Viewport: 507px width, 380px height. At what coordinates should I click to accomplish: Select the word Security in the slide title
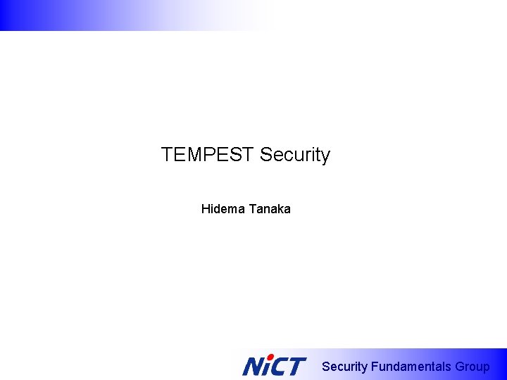(x=295, y=155)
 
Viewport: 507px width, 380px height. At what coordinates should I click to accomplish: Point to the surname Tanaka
(x=269, y=209)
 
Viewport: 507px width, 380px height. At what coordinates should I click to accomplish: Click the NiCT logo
(x=274, y=366)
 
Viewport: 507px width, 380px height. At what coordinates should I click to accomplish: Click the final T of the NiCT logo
(x=296, y=367)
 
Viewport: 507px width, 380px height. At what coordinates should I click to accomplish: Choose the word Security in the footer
(x=344, y=367)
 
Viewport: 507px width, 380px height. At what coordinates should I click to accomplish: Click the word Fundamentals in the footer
(x=411, y=367)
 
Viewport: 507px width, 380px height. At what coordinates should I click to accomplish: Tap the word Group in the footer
(x=472, y=367)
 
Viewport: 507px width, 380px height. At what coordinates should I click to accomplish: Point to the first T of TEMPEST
(x=166, y=155)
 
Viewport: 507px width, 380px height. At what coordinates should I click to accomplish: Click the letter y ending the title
(x=325, y=156)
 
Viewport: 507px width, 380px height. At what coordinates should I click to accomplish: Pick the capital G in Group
(x=461, y=367)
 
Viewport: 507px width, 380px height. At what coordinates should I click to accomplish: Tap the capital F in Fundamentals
(x=375, y=367)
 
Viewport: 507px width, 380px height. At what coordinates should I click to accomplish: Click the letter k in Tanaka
(x=279, y=209)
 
